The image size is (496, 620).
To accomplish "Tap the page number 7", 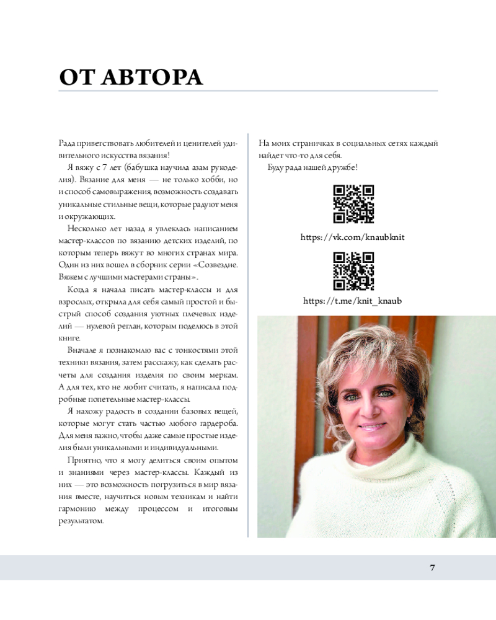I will click(432, 568).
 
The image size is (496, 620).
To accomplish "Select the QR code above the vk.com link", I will click(353, 204).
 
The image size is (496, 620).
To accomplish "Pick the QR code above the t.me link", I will click(353, 272).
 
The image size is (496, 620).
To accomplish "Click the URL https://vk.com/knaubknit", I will click(353, 237).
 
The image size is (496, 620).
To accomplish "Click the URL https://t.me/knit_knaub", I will click(353, 301).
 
